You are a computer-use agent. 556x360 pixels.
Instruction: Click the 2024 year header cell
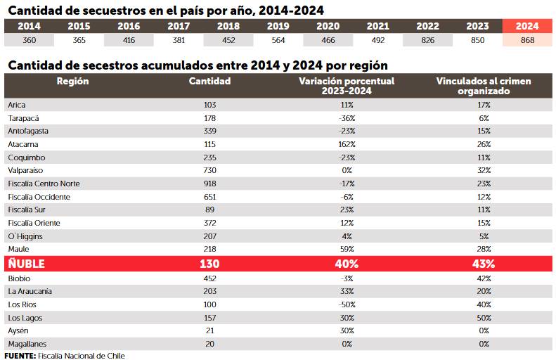click(527, 26)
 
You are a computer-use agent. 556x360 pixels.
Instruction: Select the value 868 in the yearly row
click(527, 40)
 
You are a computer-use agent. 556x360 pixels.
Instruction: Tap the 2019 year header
click(278, 26)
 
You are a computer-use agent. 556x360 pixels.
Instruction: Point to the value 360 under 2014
click(29, 40)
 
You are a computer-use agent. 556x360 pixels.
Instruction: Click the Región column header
click(72, 81)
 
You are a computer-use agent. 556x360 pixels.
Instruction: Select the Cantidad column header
click(209, 81)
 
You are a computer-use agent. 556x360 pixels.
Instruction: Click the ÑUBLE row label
click(27, 264)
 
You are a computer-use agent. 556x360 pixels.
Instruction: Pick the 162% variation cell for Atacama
click(347, 144)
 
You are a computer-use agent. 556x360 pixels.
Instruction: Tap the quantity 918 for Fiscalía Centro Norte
click(209, 184)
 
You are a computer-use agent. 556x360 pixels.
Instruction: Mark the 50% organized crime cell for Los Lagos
click(483, 318)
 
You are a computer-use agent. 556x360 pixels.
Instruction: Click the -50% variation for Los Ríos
click(347, 304)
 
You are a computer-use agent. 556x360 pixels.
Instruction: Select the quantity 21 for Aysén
click(209, 330)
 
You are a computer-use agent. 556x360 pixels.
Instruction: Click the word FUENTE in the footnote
click(20, 356)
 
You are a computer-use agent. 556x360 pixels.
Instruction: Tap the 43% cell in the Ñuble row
click(483, 264)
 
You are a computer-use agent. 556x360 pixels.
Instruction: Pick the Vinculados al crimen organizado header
click(483, 86)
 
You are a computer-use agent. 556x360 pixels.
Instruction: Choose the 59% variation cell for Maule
click(347, 250)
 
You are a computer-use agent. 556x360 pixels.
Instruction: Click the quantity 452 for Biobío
click(209, 278)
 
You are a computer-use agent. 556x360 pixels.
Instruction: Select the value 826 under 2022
click(427, 40)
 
